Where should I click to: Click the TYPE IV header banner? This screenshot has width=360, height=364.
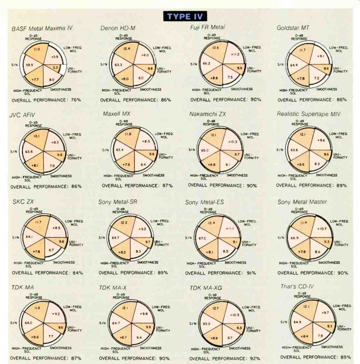(185, 16)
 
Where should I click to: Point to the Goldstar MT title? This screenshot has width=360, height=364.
(293, 28)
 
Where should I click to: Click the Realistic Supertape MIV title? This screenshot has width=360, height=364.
(308, 114)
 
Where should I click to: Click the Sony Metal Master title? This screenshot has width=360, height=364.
(302, 202)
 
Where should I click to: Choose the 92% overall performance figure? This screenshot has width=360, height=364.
(255, 359)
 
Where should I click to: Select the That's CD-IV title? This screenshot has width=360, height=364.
(297, 286)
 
